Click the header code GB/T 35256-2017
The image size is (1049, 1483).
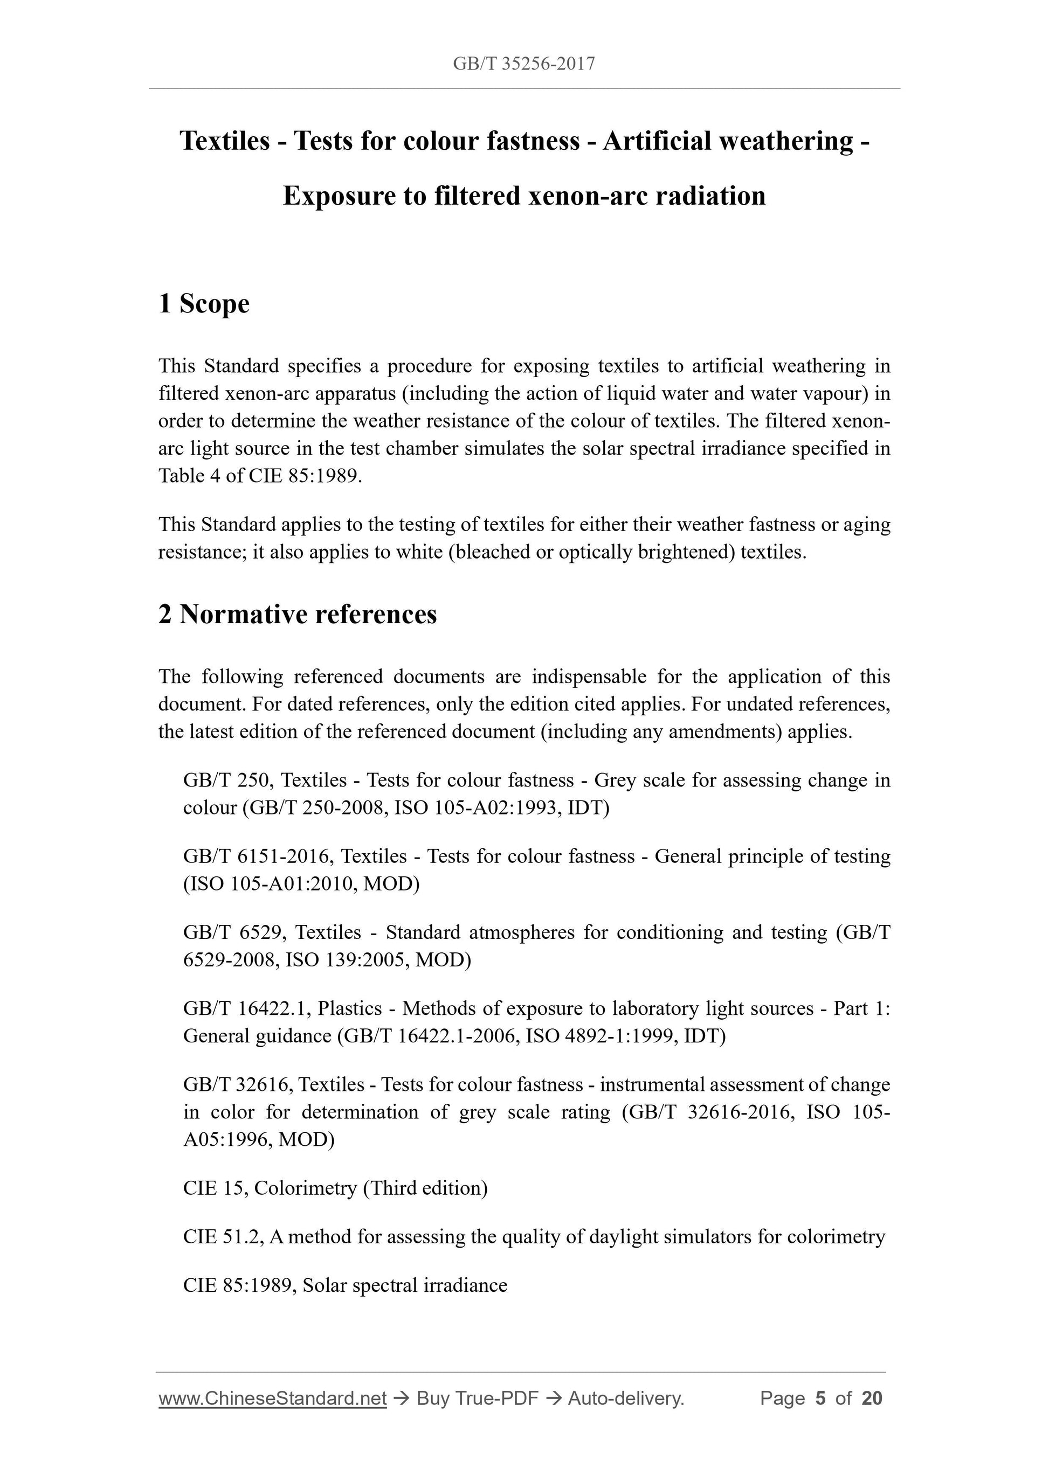(523, 64)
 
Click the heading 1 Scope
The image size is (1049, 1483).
(204, 304)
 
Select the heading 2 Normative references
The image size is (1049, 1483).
(298, 614)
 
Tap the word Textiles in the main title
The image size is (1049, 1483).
(224, 141)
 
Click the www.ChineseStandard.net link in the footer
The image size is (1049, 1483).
(272, 1398)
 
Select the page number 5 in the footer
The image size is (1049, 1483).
(820, 1398)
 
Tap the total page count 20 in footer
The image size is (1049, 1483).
(872, 1398)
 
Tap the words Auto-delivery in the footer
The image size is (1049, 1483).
(626, 1398)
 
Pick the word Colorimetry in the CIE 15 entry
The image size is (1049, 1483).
(305, 1188)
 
